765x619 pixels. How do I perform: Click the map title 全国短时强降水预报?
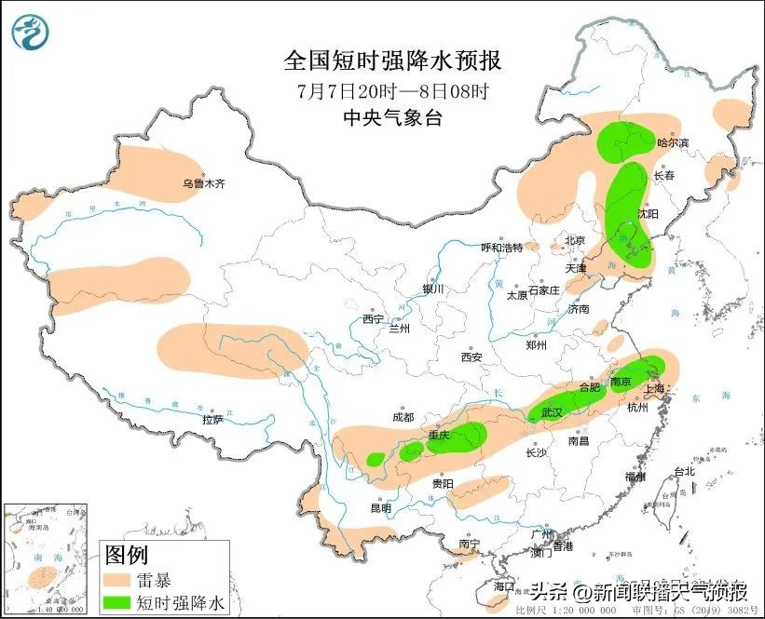392,61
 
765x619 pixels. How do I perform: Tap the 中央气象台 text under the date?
392,117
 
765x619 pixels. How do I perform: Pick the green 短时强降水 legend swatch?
119,602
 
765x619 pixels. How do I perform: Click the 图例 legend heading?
127,557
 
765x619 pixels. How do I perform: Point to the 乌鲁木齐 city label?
203,184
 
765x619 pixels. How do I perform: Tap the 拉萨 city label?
212,420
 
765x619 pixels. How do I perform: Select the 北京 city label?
574,241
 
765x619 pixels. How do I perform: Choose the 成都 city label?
403,418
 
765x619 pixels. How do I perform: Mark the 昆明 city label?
380,508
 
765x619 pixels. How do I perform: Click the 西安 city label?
471,357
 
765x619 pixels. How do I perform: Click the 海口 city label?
504,587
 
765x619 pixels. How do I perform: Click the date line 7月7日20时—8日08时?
392,91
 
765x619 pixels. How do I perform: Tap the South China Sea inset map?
46,558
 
